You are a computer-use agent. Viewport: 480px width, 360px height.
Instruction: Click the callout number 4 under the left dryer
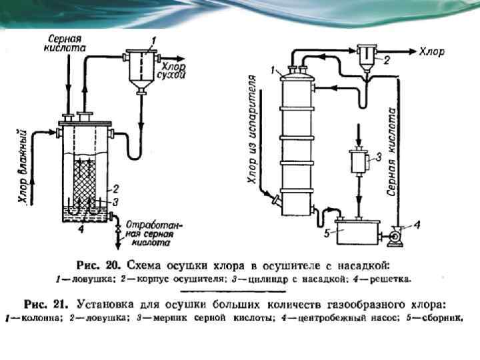[79, 229]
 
